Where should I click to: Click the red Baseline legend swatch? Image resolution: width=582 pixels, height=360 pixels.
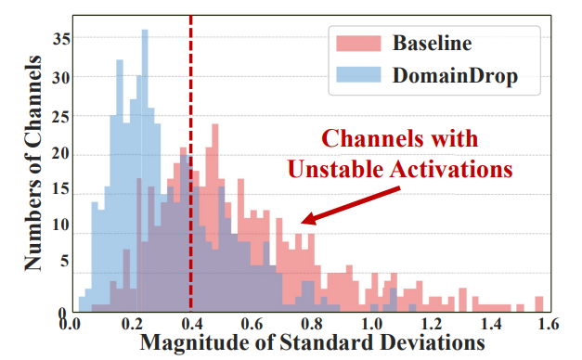[x=358, y=43]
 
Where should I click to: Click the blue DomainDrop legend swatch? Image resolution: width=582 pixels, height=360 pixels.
[x=358, y=74]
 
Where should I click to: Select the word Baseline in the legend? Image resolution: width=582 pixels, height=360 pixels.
[x=432, y=43]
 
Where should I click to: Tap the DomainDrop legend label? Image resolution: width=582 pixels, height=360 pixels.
[x=455, y=75]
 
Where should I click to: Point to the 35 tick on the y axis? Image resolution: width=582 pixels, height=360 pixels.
[x=61, y=38]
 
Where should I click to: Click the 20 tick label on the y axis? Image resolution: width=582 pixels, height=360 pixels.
[x=61, y=153]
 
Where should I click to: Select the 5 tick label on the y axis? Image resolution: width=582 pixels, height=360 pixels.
[x=65, y=262]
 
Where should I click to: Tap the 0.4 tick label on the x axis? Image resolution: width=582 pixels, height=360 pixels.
[x=192, y=324]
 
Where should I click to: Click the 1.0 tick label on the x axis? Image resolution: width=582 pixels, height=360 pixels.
[x=371, y=324]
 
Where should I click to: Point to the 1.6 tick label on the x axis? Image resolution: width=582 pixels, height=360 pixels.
[x=548, y=324]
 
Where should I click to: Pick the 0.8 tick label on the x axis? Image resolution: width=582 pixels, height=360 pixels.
[x=312, y=324]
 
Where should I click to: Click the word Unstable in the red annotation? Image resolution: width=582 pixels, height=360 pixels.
[x=335, y=169]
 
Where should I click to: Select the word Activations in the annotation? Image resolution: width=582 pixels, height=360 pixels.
[x=451, y=169]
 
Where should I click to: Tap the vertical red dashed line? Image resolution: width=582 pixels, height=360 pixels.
[x=191, y=163]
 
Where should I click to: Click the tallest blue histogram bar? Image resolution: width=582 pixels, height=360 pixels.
[x=145, y=171]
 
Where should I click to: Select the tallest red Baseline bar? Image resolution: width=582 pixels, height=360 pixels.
[x=215, y=217]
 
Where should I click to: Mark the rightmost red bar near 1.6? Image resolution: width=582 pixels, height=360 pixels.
[x=539, y=304]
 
